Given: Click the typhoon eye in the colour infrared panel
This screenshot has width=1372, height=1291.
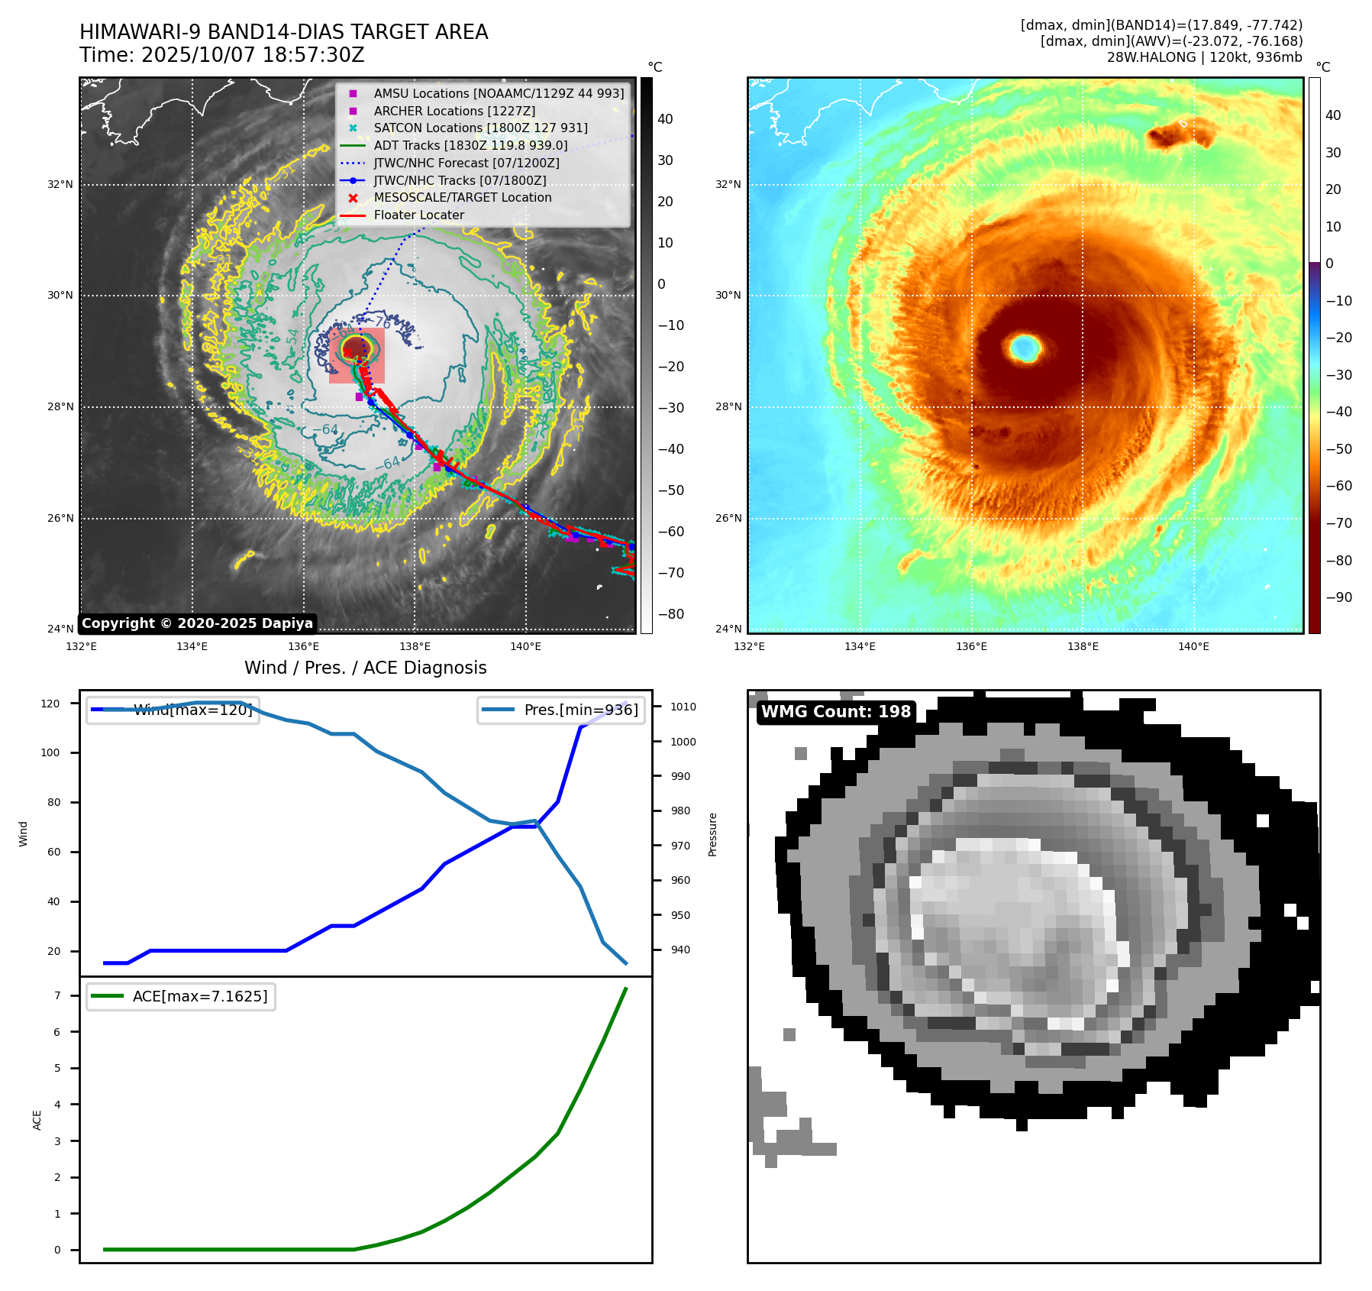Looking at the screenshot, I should pyautogui.click(x=1025, y=348).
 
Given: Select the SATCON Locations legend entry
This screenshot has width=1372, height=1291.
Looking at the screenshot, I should pyautogui.click(x=480, y=128).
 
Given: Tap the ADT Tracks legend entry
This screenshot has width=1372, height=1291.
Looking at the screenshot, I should pyautogui.click(x=470, y=145).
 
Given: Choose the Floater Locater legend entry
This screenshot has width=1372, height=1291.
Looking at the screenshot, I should pyautogui.click(x=418, y=215).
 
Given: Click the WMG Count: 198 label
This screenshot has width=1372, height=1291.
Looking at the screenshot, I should pyautogui.click(x=836, y=712).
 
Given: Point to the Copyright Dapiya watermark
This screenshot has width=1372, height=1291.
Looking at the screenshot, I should pyautogui.click(x=197, y=623).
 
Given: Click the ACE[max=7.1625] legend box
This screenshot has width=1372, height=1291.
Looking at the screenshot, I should pyautogui.click(x=182, y=996).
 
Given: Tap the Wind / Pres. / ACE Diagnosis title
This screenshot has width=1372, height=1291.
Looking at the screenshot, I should pyautogui.click(x=365, y=668).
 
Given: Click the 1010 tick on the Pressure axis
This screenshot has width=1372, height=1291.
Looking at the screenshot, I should pyautogui.click(x=683, y=707).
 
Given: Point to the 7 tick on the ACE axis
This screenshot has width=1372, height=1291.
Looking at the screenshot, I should pyautogui.click(x=57, y=995).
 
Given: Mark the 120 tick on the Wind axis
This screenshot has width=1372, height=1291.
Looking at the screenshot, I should pyautogui.click(x=50, y=704).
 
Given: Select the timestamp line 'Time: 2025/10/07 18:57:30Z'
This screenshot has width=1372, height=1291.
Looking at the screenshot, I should pyautogui.click(x=222, y=56).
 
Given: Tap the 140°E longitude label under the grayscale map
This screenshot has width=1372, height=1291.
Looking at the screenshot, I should pyautogui.click(x=525, y=646).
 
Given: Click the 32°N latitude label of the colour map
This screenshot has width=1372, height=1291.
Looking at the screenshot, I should pyautogui.click(x=728, y=184).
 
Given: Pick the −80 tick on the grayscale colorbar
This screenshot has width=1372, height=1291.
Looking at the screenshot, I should pyautogui.click(x=671, y=614).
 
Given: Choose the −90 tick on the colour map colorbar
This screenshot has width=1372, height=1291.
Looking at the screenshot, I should pyautogui.click(x=1338, y=597).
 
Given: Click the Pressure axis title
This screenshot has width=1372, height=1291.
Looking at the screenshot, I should pyautogui.click(x=712, y=834).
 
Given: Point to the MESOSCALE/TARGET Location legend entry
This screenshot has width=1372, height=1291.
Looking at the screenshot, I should pyautogui.click(x=462, y=197).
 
